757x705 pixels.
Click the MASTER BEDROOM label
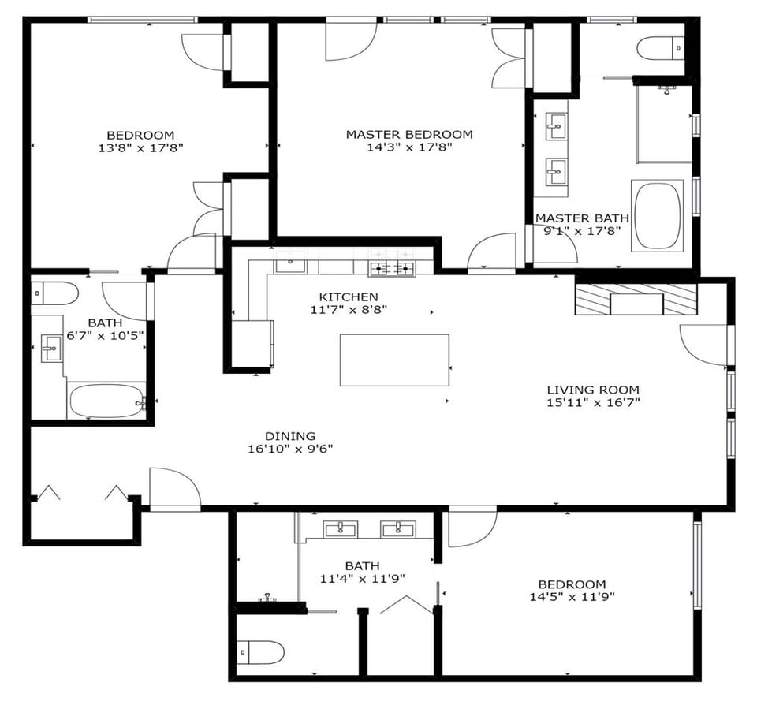[x=409, y=134]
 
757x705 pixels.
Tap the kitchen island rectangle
[x=394, y=360]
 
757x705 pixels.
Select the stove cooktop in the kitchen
[x=392, y=268]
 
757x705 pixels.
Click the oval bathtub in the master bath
[x=658, y=215]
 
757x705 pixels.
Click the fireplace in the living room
[x=636, y=300]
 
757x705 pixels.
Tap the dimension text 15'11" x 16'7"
[x=593, y=403]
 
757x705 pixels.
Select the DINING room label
[x=289, y=436]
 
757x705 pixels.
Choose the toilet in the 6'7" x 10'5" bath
[x=54, y=294]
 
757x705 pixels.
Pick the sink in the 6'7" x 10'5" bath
[x=51, y=347]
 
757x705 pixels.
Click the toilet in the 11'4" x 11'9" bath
[x=261, y=653]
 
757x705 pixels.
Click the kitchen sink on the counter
[x=289, y=263]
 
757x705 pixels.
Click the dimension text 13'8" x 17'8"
[x=140, y=147]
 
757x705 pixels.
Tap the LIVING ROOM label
[x=593, y=390]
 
